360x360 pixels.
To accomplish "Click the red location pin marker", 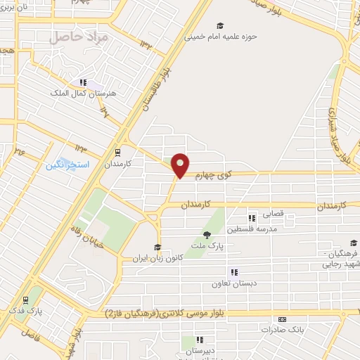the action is click(x=181, y=165).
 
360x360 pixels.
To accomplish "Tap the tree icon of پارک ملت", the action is click(x=206, y=235).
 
